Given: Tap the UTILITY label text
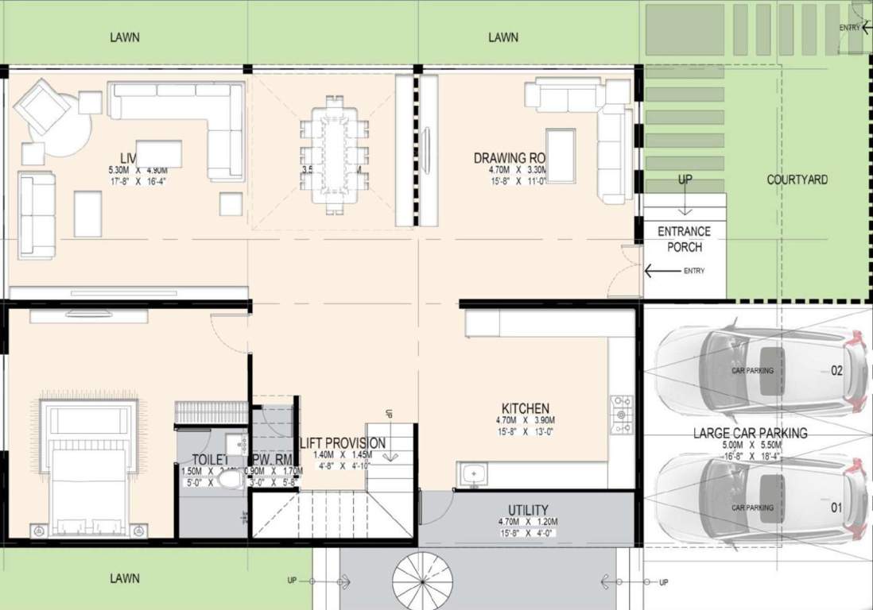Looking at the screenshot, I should pyautogui.click(x=528, y=510).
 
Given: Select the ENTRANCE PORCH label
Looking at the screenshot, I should pyautogui.click(x=684, y=239).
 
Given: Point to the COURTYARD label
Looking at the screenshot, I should pyautogui.click(x=797, y=180).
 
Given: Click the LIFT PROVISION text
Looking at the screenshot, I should pyautogui.click(x=343, y=442).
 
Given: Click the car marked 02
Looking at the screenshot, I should pyautogui.click(x=759, y=369).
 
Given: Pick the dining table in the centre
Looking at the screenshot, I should pyautogui.click(x=334, y=154).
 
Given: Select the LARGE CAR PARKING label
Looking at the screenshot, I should pyautogui.click(x=750, y=433).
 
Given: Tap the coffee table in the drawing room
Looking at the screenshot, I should pyautogui.click(x=561, y=155).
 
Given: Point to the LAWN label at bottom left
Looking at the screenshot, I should pyautogui.click(x=125, y=578).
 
